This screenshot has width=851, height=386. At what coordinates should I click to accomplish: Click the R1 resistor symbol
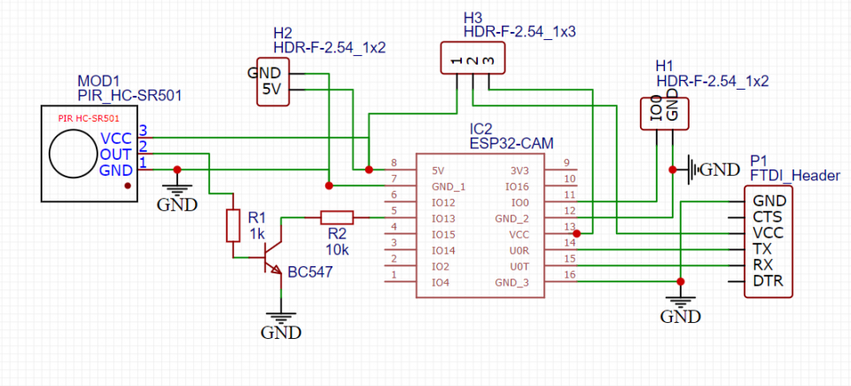[233, 226]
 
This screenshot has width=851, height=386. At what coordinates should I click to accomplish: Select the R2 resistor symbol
[336, 217]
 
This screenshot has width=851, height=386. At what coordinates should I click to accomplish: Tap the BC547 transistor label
[309, 272]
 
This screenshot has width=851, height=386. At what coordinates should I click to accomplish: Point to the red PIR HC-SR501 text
[88, 117]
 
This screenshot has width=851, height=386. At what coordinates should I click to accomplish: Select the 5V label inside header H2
[272, 90]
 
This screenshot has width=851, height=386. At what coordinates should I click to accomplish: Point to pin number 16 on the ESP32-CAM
[570, 275]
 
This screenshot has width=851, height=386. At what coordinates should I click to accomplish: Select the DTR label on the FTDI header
[768, 281]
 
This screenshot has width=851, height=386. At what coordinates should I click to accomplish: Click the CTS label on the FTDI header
[766, 217]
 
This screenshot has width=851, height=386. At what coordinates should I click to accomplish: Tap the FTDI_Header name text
[794, 176]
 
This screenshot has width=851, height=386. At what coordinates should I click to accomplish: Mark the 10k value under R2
[337, 250]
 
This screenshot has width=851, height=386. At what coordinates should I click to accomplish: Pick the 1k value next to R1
[257, 233]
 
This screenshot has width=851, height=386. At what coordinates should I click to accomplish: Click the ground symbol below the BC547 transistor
[281, 320]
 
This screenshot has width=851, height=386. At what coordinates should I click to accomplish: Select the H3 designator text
[473, 16]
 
